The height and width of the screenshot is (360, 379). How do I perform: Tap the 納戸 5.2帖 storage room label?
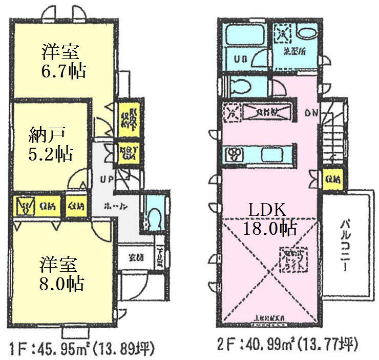click(50, 145)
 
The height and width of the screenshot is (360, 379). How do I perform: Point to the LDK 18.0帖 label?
click(270, 219)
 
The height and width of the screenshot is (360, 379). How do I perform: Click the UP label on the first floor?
click(107, 181)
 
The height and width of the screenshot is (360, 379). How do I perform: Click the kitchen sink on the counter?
click(270, 154)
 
